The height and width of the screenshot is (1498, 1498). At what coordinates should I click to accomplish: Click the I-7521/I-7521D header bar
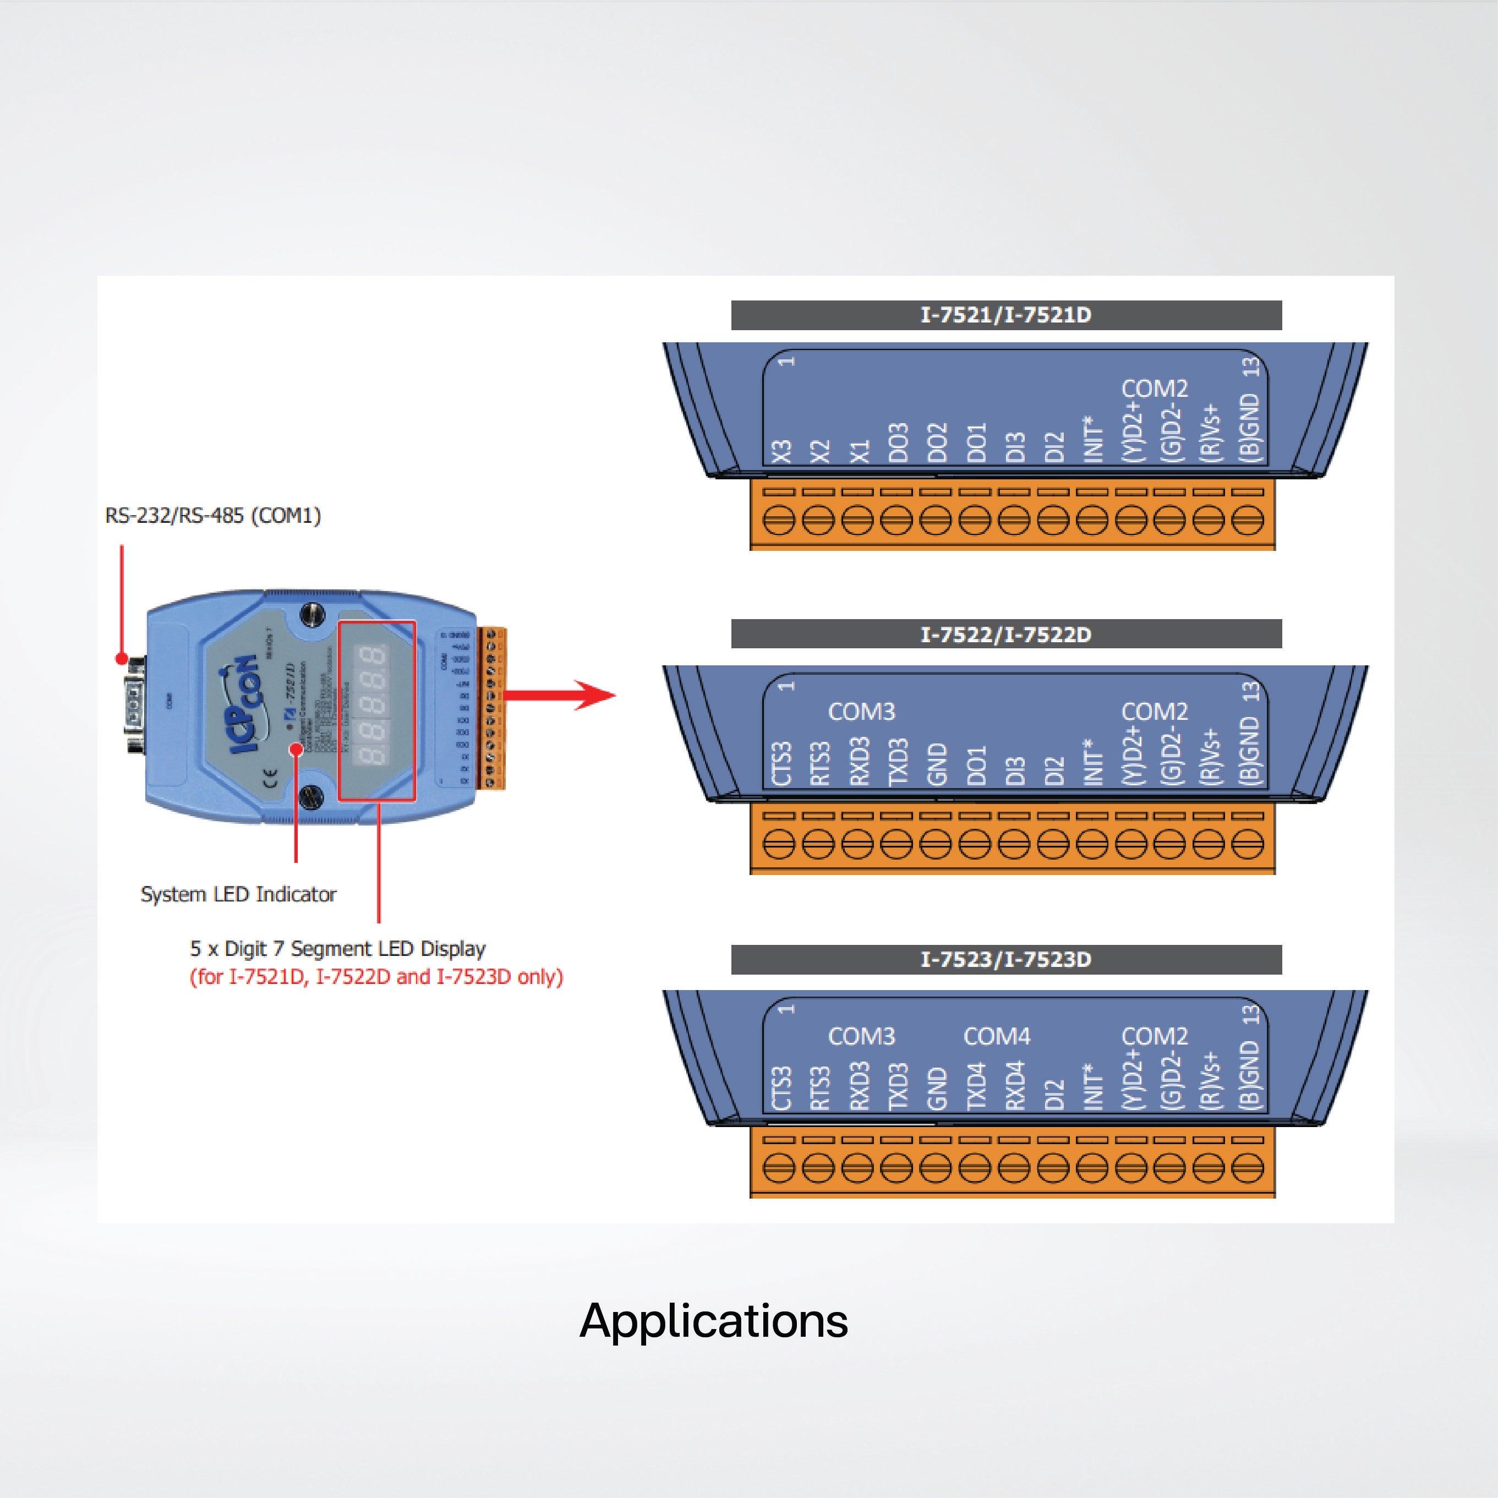(x=1005, y=315)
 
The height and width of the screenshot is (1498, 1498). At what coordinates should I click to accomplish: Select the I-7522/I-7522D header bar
(x=1005, y=634)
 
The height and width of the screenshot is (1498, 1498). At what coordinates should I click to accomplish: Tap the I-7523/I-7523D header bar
(x=1005, y=959)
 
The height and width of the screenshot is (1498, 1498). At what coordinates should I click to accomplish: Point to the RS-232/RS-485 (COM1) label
(x=213, y=516)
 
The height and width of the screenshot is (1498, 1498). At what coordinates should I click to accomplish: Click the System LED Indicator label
(x=238, y=894)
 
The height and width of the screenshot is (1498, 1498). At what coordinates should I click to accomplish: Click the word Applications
(x=713, y=1320)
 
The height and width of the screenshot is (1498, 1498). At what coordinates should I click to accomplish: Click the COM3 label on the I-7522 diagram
(x=861, y=712)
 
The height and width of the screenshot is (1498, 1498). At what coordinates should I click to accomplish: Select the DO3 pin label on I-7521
(x=898, y=442)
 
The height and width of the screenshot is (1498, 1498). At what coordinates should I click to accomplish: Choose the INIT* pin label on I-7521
(x=1092, y=438)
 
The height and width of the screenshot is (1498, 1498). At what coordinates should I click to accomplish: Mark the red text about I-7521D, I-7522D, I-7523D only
(x=376, y=977)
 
